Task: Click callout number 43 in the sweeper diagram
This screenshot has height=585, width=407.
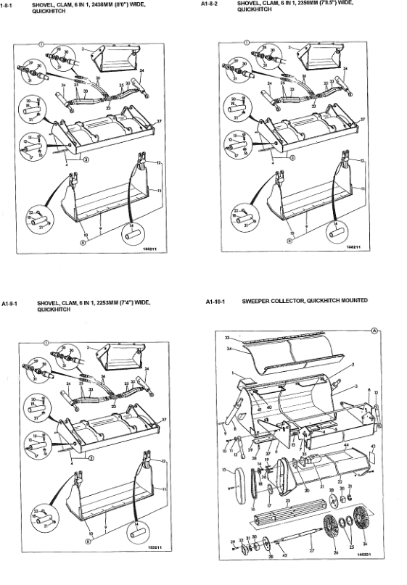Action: pyautogui.click(x=373, y=447)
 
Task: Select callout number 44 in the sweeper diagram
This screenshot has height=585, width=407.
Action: pyautogui.click(x=347, y=444)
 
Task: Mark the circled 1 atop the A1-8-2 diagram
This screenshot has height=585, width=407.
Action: pyautogui.click(x=246, y=43)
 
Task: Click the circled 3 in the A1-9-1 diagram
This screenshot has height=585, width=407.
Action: pyautogui.click(x=91, y=458)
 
